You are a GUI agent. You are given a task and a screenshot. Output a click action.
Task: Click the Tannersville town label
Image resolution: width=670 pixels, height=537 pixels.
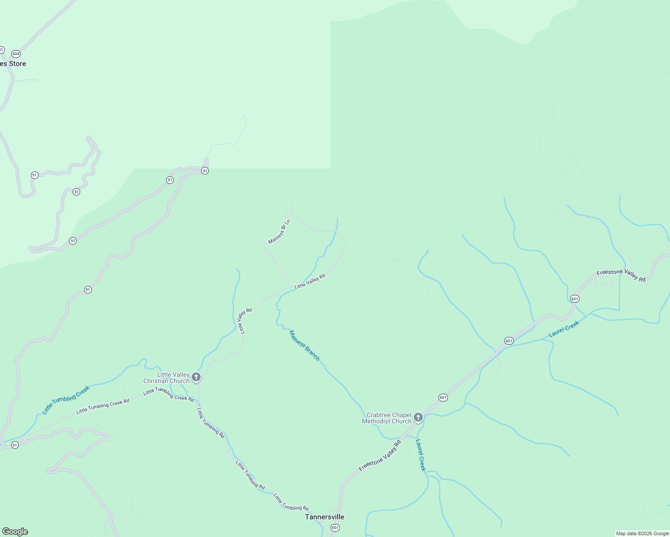(325, 517)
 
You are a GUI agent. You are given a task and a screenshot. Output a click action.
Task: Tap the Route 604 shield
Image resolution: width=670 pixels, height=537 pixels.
(16, 54)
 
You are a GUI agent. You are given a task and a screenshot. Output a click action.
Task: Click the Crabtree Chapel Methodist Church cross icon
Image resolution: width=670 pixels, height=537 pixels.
(418, 418)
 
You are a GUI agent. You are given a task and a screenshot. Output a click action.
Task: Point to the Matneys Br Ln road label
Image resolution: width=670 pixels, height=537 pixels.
(279, 232)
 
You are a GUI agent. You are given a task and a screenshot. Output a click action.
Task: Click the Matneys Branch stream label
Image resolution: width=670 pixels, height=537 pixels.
(305, 345)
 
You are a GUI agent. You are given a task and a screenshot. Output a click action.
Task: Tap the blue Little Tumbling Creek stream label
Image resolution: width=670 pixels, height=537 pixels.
(66, 400)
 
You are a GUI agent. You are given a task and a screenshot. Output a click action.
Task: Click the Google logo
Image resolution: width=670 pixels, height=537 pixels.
(14, 532)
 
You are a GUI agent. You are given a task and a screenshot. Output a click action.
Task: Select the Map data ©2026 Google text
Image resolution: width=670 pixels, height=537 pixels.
(642, 533)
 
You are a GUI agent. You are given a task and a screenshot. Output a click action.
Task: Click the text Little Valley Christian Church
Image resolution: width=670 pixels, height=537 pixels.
(167, 378)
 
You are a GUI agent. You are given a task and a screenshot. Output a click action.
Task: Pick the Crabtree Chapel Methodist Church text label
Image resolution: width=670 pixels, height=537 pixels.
(387, 418)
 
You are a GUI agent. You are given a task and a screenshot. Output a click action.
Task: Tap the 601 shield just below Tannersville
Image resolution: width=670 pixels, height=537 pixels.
(335, 528)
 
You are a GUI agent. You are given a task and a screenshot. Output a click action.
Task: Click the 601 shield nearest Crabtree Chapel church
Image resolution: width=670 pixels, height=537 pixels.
(443, 397)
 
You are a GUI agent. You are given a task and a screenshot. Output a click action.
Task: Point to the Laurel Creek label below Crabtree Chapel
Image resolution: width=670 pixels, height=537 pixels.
(420, 455)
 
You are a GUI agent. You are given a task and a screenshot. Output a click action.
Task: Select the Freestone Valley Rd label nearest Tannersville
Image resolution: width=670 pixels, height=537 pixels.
(380, 456)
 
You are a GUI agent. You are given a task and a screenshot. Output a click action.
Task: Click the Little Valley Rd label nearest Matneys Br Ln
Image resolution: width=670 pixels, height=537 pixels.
(309, 281)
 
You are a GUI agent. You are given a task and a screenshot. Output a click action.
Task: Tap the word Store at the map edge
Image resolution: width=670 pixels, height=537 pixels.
(17, 64)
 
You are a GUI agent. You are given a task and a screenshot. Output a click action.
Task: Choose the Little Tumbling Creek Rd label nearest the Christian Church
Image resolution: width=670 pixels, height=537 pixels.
(169, 394)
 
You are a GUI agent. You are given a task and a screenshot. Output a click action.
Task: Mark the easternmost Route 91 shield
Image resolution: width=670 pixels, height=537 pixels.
(205, 170)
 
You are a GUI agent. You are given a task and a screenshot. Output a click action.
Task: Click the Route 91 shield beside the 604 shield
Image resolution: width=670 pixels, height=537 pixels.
(1, 50)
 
